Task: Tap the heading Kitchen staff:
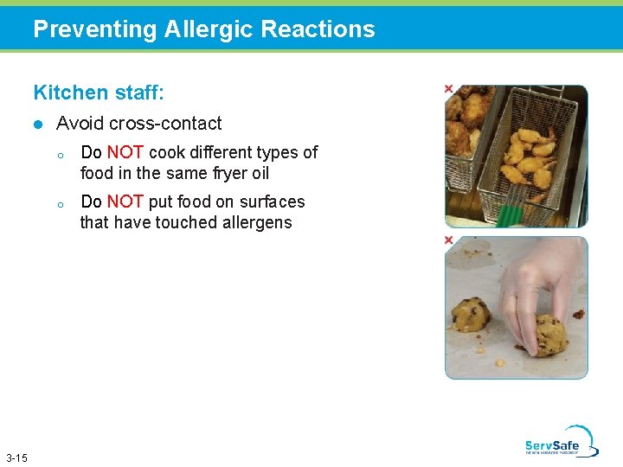pyautogui.click(x=99, y=92)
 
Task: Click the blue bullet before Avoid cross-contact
pyautogui.click(x=36, y=125)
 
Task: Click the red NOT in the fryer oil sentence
pyautogui.click(x=125, y=152)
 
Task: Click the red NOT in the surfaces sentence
pyautogui.click(x=125, y=202)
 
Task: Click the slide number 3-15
pyautogui.click(x=16, y=457)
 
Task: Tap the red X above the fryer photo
pyautogui.click(x=448, y=88)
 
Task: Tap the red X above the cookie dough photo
pyautogui.click(x=448, y=240)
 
